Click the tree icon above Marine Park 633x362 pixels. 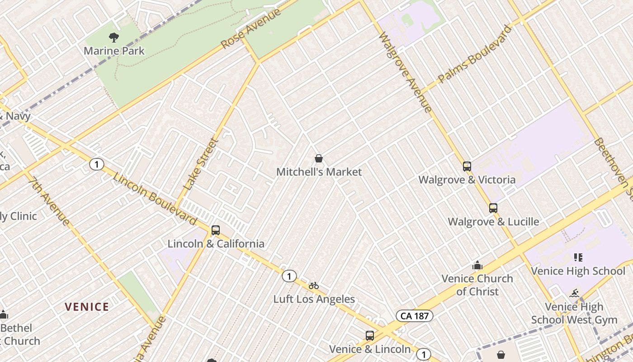[114, 37]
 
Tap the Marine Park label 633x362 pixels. [114, 51]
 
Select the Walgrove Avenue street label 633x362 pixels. [405, 71]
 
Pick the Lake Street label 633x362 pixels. [201, 164]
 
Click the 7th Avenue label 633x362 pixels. [50, 201]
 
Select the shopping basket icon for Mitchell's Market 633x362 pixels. [319, 158]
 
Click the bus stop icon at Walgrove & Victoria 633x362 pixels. [467, 167]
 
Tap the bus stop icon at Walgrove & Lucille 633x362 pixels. [493, 208]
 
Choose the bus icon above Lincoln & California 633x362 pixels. [216, 230]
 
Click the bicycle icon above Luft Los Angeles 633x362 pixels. [314, 286]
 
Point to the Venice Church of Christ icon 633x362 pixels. [477, 266]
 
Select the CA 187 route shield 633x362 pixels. [415, 316]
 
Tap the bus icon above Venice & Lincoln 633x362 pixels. [370, 336]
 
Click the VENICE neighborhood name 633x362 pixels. [87, 307]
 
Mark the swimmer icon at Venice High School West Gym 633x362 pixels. [574, 293]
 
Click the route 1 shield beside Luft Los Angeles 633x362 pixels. [289, 276]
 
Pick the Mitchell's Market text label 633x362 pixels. [319, 172]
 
